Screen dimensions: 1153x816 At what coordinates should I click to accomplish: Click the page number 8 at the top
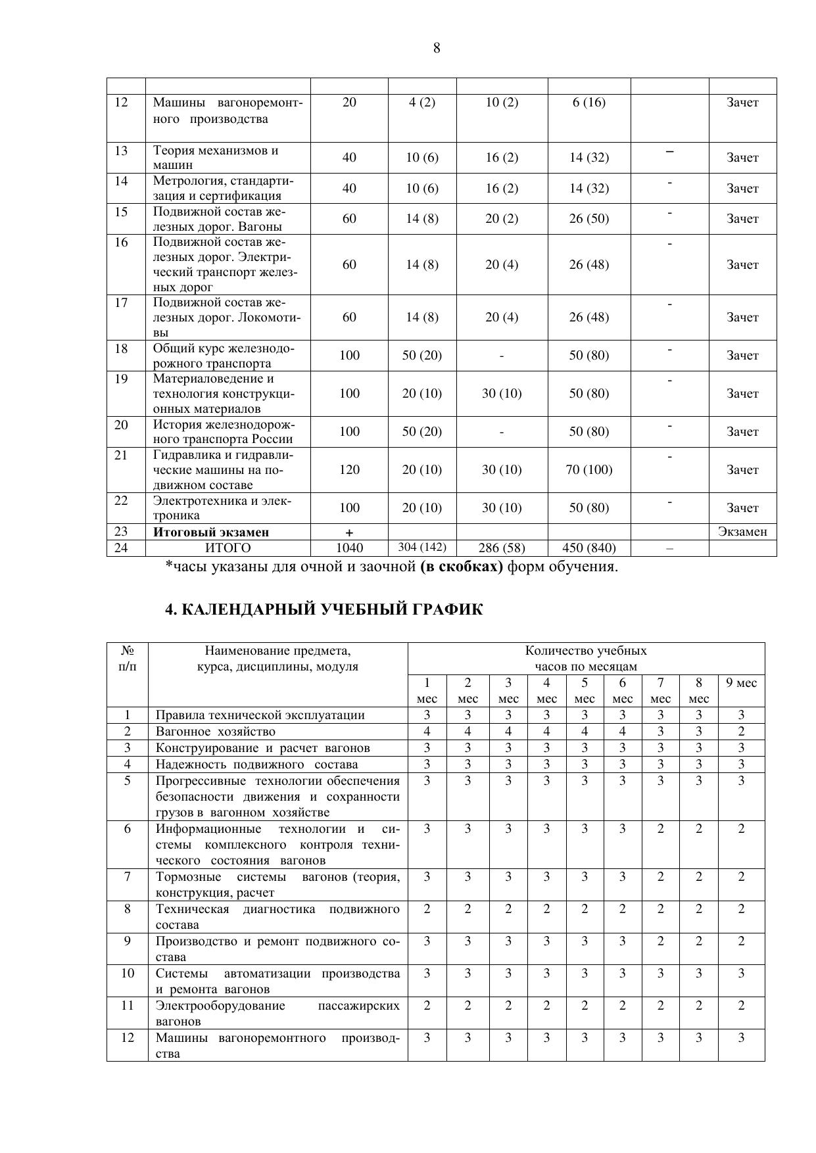[x=437, y=48]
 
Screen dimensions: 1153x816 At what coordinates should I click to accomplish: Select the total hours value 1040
[x=349, y=548]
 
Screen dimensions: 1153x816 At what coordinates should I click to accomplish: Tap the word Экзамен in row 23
[x=742, y=532]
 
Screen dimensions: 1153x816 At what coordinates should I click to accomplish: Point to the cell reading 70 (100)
[x=588, y=469]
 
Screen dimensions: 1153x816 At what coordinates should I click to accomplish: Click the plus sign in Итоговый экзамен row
[x=349, y=532]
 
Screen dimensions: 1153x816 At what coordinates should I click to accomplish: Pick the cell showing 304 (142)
[x=421, y=548]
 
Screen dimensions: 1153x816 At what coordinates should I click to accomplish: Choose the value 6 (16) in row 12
[x=588, y=103]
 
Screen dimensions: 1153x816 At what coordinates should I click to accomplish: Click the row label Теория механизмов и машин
[x=216, y=158]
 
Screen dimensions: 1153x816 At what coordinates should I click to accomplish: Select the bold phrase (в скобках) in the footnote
[x=461, y=567]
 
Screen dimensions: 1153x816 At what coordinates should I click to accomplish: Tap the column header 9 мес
[x=741, y=683]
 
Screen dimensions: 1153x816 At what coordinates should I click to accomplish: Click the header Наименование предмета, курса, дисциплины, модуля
[x=277, y=659]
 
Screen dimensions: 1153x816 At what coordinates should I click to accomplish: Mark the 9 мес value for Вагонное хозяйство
[x=741, y=732]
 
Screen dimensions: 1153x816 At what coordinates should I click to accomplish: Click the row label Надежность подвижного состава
[x=256, y=765]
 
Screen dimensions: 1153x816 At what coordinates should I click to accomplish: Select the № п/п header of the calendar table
[x=128, y=659]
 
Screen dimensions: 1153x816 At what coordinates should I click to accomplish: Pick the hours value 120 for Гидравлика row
[x=349, y=469]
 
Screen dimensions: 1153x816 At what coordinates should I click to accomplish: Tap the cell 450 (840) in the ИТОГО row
[x=588, y=548]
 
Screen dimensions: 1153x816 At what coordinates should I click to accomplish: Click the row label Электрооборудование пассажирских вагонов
[x=277, y=1013]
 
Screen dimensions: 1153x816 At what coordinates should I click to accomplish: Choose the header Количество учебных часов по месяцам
[x=585, y=659]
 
